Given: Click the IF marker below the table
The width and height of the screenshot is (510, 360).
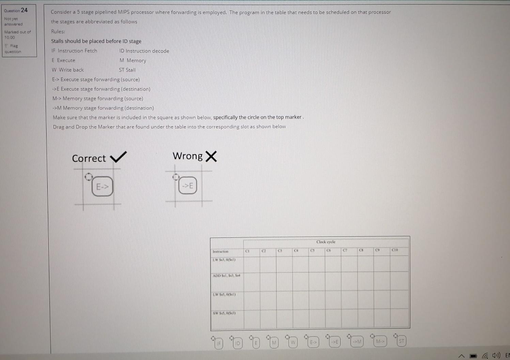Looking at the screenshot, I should point(219,343).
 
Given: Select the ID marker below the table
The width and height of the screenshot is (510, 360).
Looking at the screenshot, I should point(238,343).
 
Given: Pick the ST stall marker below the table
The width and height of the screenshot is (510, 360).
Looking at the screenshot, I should point(401,341).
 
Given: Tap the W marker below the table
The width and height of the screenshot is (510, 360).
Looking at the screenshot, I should point(293,342).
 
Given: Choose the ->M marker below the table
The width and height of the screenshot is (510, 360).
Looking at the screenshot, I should point(357,341).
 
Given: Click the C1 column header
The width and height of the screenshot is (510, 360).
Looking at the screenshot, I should point(248,251).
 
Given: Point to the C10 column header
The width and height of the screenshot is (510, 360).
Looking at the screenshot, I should point(395,250).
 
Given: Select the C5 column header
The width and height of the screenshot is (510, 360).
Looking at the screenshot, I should point(312,251).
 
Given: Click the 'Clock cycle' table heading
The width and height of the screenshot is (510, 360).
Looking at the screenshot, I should point(326,242).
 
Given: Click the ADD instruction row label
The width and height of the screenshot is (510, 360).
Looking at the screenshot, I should point(226,276).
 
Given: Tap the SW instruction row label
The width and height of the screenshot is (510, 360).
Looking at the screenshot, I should point(224,313).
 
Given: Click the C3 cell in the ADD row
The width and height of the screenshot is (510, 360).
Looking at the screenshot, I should point(284,281).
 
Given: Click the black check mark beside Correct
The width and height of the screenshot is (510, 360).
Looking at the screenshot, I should point(118,157).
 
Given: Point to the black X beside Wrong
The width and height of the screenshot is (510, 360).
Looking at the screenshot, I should point(211,156).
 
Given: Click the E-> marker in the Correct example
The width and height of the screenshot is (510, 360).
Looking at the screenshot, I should point(102,186).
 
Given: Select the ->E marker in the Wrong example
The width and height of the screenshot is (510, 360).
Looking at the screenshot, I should point(188,186).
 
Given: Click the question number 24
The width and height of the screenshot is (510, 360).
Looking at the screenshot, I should point(24,10).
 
